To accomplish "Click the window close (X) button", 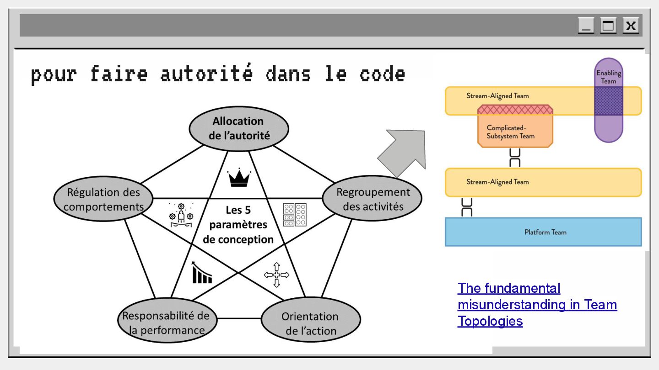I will point(631,26).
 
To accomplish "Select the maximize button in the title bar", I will point(608,26).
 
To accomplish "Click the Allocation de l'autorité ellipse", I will point(239,128).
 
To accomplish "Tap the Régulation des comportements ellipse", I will point(103,199).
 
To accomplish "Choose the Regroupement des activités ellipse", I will point(373,199).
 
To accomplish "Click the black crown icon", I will point(239,178).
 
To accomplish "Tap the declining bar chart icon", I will point(202,273).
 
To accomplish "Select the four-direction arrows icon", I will point(276,275).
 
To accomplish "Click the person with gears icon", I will point(181,216).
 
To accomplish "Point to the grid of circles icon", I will point(295,215).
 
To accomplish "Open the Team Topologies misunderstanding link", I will point(537,304).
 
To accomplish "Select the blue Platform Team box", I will point(543,232).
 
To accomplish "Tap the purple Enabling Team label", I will point(609,77).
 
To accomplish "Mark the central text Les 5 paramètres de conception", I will point(238,225).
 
